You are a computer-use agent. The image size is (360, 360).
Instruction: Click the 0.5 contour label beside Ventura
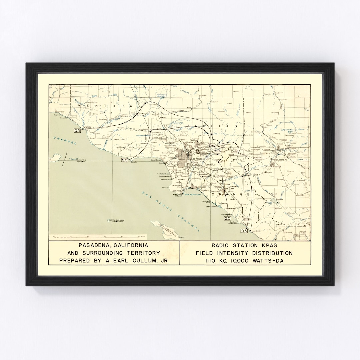click(77, 130)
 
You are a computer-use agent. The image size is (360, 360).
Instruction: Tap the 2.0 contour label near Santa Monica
click(125, 160)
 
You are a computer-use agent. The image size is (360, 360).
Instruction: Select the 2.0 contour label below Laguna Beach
click(227, 218)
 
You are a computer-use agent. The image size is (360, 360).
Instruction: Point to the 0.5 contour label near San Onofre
click(244, 231)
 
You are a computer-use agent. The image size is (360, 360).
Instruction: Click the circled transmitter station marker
click(207, 156)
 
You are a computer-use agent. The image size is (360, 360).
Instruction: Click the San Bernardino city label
click(287, 149)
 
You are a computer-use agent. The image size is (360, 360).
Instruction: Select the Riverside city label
click(277, 166)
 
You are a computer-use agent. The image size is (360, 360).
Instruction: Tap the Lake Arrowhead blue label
click(288, 129)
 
